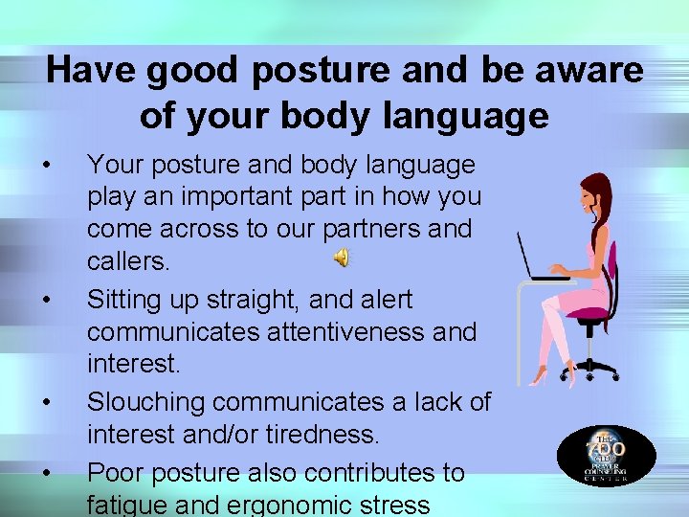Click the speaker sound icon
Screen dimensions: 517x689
342,257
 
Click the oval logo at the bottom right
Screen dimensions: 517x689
606,454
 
